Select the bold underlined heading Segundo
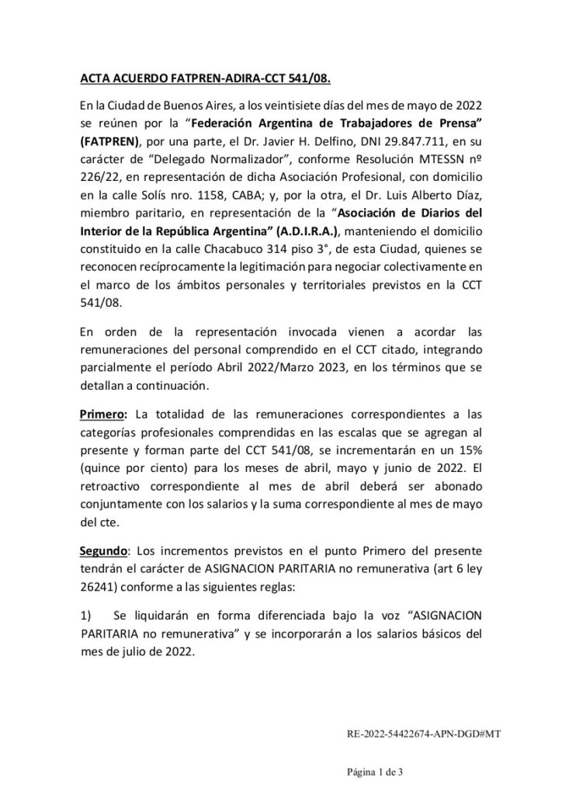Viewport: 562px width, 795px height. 104,552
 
